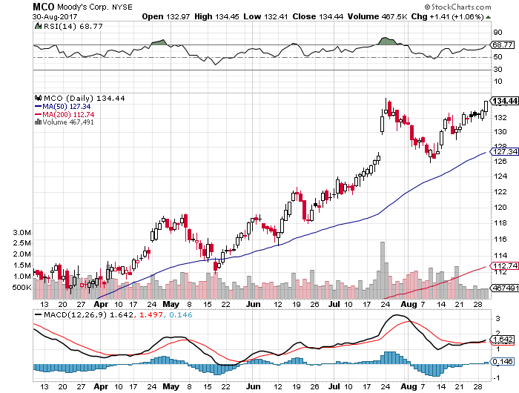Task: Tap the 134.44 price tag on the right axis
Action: tap(503, 101)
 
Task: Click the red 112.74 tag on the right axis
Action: tap(503, 265)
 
